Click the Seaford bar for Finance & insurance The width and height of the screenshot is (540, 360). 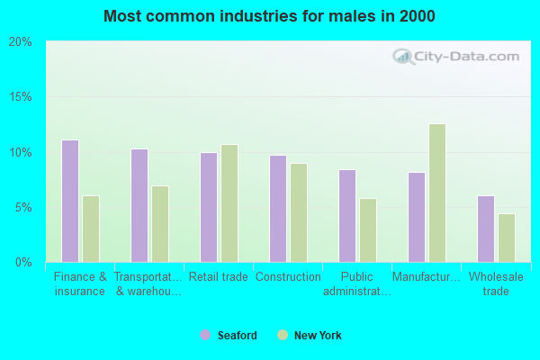[70, 201]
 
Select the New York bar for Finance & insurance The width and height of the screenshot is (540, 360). [91, 229]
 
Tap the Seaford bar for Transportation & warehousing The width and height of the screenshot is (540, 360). [139, 205]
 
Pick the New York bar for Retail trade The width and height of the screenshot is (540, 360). [229, 202]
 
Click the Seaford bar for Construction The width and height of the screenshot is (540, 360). [278, 208]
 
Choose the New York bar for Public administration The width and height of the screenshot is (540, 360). [368, 229]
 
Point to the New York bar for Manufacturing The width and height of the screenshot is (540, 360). [437, 193]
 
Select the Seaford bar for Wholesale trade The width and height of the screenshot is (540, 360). [486, 229]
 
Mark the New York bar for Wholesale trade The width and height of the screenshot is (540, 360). [507, 238]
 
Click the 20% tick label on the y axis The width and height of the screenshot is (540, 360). [20, 42]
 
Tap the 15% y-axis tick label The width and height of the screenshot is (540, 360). [20, 97]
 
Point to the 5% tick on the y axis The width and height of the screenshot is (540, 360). [22, 207]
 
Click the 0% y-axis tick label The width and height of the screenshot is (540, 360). [22, 262]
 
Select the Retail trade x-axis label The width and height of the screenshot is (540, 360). [219, 277]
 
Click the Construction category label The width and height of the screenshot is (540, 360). [288, 277]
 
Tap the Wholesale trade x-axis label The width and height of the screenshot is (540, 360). [496, 283]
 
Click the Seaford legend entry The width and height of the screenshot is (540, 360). [229, 336]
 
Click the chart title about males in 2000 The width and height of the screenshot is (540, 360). [269, 16]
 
